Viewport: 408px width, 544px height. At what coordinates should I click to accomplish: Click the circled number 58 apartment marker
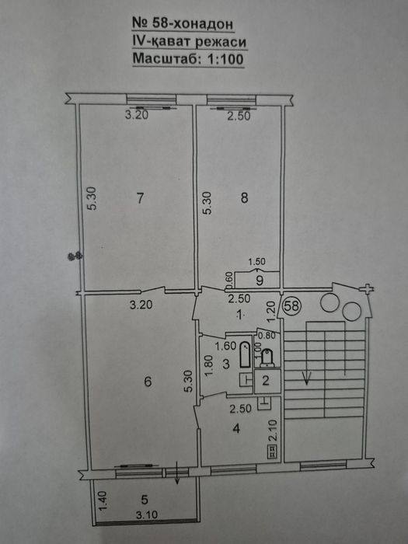pyautogui.click(x=291, y=305)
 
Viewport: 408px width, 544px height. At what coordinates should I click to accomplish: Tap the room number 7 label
pyautogui.click(x=140, y=198)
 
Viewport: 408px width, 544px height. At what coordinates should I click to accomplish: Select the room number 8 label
pyautogui.click(x=244, y=198)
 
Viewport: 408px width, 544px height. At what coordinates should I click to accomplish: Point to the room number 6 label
pyautogui.click(x=148, y=382)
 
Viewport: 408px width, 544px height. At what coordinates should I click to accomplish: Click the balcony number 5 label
pyautogui.click(x=145, y=500)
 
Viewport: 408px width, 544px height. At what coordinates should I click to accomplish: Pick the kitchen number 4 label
pyautogui.click(x=236, y=428)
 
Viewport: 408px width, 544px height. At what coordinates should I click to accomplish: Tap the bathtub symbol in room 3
pyautogui.click(x=245, y=354)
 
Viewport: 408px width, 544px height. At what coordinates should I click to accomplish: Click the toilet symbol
pyautogui.click(x=267, y=358)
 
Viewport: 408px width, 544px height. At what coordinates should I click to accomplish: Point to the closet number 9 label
pyautogui.click(x=260, y=281)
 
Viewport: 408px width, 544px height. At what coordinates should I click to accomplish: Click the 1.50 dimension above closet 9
pyautogui.click(x=257, y=261)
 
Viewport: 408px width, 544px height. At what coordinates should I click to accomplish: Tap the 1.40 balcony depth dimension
pyautogui.click(x=103, y=500)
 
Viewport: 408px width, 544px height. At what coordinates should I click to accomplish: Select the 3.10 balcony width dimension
pyautogui.click(x=147, y=514)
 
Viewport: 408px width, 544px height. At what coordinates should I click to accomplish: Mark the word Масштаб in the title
pyautogui.click(x=165, y=58)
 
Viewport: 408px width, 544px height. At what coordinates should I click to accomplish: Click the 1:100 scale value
pyautogui.click(x=225, y=59)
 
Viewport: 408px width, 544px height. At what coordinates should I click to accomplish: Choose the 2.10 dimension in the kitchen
pyautogui.click(x=274, y=431)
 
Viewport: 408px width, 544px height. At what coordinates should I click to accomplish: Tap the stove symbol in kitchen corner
pyautogui.click(x=272, y=452)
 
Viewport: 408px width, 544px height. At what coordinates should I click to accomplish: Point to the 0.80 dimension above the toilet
pyautogui.click(x=267, y=336)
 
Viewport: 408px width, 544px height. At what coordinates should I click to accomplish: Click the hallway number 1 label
pyautogui.click(x=239, y=315)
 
